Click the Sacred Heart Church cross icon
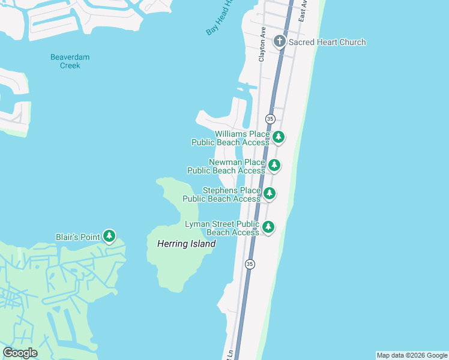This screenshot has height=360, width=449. [x=279, y=42]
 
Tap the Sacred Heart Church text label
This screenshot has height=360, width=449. [x=327, y=42]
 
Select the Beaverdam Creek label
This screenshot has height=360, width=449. [x=70, y=61]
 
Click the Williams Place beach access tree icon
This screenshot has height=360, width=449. [x=278, y=137]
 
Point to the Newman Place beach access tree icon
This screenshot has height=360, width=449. [x=274, y=165]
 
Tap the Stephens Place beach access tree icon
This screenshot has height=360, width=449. [x=270, y=193]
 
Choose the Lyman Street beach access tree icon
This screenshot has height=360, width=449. [x=268, y=227]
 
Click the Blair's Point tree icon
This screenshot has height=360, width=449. [x=109, y=236]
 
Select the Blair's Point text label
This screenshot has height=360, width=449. [x=77, y=237]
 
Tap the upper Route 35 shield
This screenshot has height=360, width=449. [x=270, y=119]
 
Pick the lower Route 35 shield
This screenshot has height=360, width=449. [x=250, y=264]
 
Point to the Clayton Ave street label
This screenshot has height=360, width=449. [x=262, y=44]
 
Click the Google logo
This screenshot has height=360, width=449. [x=20, y=353]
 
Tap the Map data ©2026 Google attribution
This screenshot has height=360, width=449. [x=412, y=355]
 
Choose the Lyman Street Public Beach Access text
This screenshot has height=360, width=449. [x=223, y=228]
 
